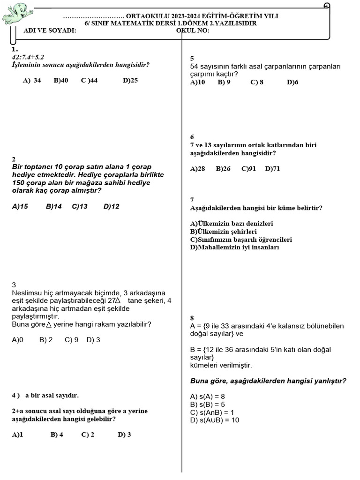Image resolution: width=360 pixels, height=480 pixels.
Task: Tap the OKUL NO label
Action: point(193,30)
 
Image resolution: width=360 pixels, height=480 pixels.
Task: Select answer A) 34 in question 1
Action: point(32,80)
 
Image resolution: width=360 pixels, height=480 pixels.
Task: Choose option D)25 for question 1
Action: point(130,80)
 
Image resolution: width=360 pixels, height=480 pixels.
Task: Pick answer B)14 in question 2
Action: point(54,206)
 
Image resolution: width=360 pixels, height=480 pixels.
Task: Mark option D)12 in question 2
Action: point(112,206)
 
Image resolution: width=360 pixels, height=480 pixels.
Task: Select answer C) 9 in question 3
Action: point(72,340)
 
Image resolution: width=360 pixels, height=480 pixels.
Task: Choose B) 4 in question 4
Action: point(57,435)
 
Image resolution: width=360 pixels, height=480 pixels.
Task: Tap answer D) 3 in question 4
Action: point(124,435)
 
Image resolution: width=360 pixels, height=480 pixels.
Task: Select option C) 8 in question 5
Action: point(257,82)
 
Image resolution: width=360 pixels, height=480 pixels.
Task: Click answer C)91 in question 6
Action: point(248,169)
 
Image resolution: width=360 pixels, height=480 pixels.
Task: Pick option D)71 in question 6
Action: point(272,169)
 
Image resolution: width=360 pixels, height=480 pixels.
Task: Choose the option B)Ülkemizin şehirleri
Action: point(223,232)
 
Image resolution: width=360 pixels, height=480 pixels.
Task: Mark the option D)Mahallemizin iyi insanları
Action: point(234,247)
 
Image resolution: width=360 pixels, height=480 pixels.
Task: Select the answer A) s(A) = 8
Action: point(208,396)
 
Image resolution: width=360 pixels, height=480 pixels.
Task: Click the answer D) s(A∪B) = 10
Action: point(215,420)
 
